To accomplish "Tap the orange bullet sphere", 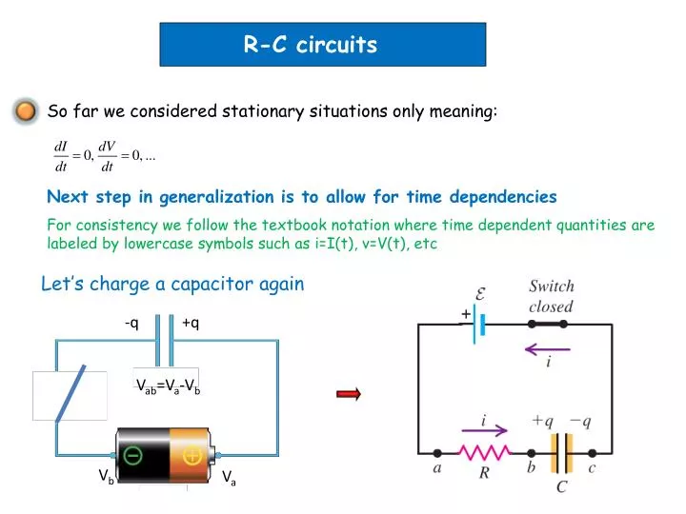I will pyautogui.click(x=27, y=112).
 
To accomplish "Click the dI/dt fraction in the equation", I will pyautogui.click(x=63, y=156).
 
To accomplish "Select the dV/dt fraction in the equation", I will pyautogui.click(x=107, y=156).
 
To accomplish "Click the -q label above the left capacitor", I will pyautogui.click(x=131, y=322).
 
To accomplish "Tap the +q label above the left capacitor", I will pyautogui.click(x=190, y=322).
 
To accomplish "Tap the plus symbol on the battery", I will pyautogui.click(x=192, y=456).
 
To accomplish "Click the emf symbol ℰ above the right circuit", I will pyautogui.click(x=481, y=295).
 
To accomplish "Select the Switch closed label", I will pyautogui.click(x=551, y=296).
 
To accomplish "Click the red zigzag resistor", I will pyautogui.click(x=485, y=453).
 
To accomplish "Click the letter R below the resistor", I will pyautogui.click(x=484, y=473).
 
